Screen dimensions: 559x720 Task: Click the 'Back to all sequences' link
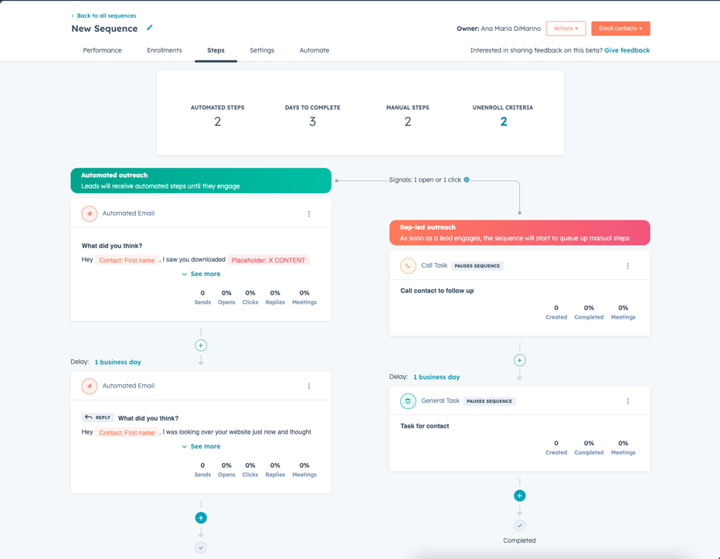(106, 15)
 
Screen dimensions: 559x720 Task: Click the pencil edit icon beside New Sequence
(150, 28)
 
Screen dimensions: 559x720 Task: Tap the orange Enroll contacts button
(620, 29)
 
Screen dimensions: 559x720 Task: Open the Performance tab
(102, 50)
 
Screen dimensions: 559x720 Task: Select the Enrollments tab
(165, 50)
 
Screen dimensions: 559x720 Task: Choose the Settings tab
(262, 50)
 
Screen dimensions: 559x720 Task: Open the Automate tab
(314, 50)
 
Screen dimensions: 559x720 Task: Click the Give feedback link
(627, 50)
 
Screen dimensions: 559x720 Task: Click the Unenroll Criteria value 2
(504, 121)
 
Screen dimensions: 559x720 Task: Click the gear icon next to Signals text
(467, 179)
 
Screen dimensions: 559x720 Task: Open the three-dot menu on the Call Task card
(628, 266)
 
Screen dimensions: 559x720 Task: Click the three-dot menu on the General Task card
(628, 401)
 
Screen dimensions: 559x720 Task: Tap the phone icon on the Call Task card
(408, 266)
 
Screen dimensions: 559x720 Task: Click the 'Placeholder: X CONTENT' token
(268, 261)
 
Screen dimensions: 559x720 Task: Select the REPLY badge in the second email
(98, 418)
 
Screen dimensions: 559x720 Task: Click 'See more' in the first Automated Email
(202, 274)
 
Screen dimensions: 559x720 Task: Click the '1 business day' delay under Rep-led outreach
(436, 377)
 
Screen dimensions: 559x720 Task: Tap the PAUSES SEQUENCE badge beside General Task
(490, 401)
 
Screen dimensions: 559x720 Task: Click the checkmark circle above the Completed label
(520, 525)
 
